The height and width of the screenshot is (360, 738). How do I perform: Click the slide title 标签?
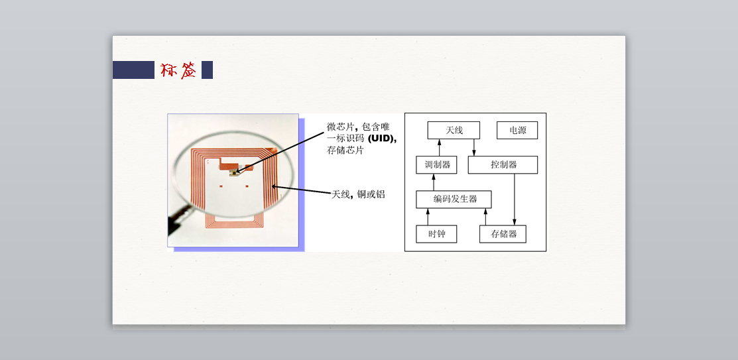[178, 70]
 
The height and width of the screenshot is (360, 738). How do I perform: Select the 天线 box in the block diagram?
[454, 130]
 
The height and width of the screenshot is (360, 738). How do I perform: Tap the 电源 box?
[517, 130]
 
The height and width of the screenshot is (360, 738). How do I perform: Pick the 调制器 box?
[437, 164]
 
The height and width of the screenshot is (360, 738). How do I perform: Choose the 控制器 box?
[503, 164]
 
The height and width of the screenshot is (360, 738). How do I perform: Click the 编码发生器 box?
[454, 199]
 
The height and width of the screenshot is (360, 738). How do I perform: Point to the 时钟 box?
[436, 234]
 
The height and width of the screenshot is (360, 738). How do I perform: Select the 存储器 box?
[503, 234]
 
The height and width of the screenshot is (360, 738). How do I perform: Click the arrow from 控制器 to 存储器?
[515, 200]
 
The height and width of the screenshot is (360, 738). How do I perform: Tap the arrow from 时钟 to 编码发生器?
[428, 217]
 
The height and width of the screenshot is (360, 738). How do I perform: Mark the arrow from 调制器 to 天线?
[440, 147]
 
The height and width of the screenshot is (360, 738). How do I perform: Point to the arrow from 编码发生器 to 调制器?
[434, 182]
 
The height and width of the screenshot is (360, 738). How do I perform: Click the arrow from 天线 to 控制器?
[473, 147]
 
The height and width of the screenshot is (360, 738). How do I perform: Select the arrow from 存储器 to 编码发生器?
[485, 217]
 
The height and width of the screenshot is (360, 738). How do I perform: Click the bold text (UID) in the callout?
[381, 139]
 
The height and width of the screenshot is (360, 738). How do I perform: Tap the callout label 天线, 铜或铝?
[358, 194]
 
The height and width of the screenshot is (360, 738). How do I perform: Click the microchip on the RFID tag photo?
[234, 172]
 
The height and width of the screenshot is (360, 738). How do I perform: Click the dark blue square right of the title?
[207, 70]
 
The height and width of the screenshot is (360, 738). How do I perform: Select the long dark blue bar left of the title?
[133, 70]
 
